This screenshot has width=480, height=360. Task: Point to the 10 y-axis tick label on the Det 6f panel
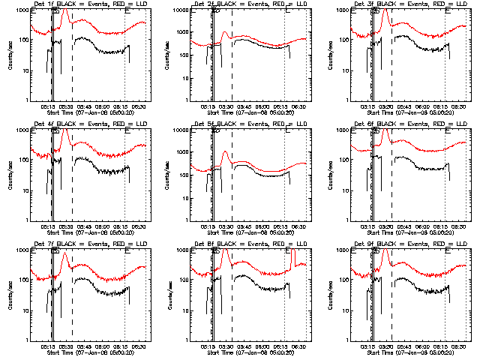[345, 190]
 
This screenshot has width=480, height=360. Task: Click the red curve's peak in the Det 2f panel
[224, 32]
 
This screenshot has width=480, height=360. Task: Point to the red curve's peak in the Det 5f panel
[224, 152]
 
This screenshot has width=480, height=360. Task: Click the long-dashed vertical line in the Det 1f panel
[72, 60]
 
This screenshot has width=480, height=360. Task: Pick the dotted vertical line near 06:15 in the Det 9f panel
[445, 300]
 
